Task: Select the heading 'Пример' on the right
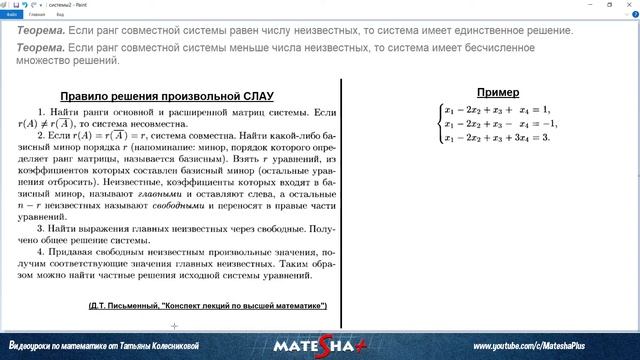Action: (x=496, y=92)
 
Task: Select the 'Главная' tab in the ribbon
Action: (x=37, y=15)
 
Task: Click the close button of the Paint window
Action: (x=629, y=4)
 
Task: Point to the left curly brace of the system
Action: (x=438, y=123)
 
